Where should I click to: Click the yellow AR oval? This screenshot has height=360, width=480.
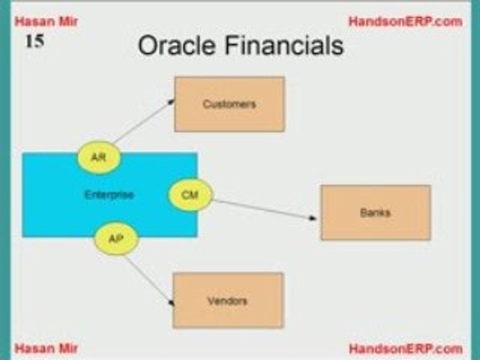click(99, 157)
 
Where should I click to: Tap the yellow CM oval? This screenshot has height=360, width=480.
click(190, 194)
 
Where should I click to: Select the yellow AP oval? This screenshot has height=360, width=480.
click(116, 238)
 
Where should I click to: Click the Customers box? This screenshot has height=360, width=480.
click(229, 104)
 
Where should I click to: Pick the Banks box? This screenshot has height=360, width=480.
click(375, 212)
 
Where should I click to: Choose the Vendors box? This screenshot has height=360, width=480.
click(228, 300)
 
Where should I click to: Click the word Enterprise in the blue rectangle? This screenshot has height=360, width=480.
click(109, 194)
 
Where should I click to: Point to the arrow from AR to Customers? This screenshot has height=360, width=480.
click(143, 121)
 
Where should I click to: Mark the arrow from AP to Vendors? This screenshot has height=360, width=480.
click(149, 280)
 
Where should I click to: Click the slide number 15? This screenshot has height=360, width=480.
click(34, 41)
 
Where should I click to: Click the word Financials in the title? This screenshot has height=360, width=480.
click(284, 45)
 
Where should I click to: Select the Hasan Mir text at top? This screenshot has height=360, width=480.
click(46, 21)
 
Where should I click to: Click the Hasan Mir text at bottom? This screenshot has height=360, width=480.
click(46, 348)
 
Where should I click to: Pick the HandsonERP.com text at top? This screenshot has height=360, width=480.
click(405, 21)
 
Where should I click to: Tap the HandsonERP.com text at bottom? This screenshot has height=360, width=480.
click(405, 348)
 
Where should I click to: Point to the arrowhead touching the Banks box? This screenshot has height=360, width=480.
click(312, 218)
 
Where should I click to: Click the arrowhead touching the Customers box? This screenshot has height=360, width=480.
click(171, 101)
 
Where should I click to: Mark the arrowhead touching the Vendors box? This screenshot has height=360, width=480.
click(171, 303)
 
